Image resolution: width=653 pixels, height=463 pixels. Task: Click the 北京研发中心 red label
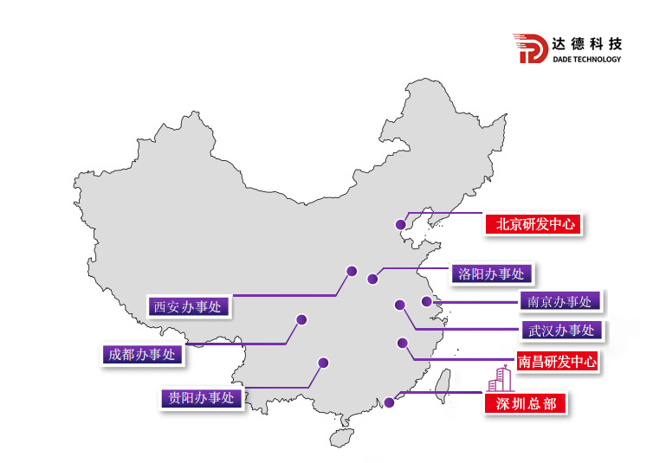533,224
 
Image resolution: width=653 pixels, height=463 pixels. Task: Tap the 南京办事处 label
560,301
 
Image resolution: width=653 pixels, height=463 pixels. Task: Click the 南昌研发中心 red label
557,362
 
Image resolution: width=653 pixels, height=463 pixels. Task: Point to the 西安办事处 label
188,305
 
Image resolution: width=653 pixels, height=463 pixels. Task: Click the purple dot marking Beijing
400,226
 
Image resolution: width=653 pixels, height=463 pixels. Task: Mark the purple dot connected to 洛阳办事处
372,279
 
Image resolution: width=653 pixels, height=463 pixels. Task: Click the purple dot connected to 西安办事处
352,271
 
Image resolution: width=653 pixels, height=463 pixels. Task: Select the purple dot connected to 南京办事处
426,301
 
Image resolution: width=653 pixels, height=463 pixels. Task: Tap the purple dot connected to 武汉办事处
399,305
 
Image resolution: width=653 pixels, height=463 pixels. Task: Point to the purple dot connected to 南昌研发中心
402,343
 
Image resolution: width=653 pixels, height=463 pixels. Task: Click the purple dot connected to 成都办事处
301,319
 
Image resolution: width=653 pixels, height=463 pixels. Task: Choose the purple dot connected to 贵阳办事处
323,363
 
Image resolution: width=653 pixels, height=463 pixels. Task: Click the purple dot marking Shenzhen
391,402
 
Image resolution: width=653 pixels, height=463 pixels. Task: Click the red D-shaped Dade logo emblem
531,49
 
